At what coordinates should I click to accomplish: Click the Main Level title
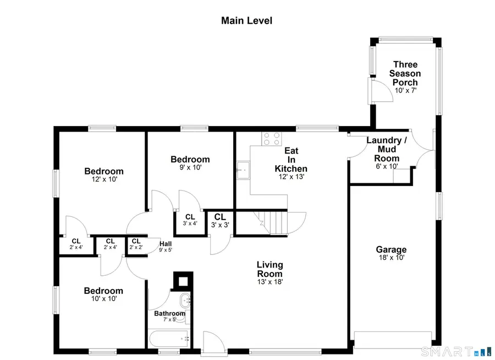(x=247, y=21)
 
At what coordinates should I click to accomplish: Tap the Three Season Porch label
(x=405, y=74)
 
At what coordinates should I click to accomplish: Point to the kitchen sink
(x=242, y=171)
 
